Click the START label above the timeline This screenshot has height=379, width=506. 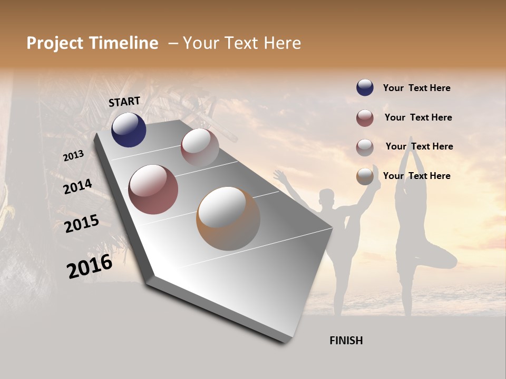click(x=124, y=102)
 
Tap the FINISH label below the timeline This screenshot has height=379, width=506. click(x=346, y=341)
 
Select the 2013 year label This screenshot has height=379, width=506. click(x=73, y=156)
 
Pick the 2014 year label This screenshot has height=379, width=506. click(x=77, y=187)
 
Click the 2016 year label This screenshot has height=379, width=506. click(x=90, y=266)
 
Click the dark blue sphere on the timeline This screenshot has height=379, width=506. click(x=129, y=130)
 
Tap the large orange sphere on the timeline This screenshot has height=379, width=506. click(x=228, y=218)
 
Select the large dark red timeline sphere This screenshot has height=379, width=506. click(x=153, y=189)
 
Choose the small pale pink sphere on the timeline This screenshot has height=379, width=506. click(x=200, y=147)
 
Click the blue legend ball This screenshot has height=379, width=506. click(x=365, y=88)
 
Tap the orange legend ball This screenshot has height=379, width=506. click(x=365, y=176)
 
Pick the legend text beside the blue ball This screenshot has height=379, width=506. click(x=416, y=88)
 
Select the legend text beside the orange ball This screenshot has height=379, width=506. click(x=416, y=176)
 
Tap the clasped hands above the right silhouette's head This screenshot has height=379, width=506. click(x=411, y=144)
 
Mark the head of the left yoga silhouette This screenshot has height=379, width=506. click(x=327, y=199)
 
